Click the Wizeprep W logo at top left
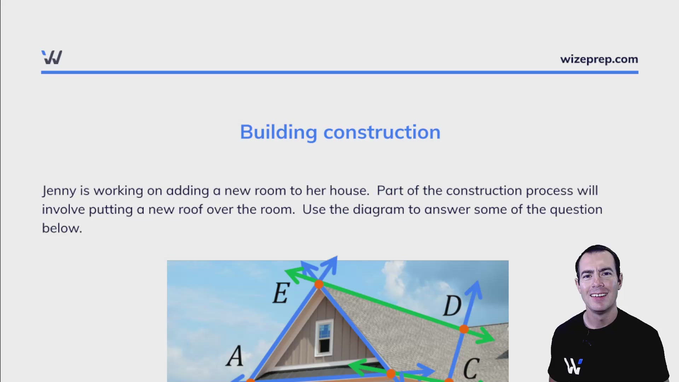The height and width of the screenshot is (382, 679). pyautogui.click(x=52, y=57)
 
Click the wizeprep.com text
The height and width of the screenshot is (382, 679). pyautogui.click(x=599, y=59)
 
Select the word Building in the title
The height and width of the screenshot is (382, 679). pyautogui.click(x=278, y=133)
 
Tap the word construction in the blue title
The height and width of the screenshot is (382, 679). pyautogui.click(x=382, y=133)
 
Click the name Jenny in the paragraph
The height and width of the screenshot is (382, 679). pyautogui.click(x=59, y=191)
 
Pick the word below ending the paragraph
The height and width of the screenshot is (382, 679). pyautogui.click(x=62, y=228)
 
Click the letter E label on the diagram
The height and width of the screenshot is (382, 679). pyautogui.click(x=281, y=293)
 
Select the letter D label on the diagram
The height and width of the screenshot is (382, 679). pyautogui.click(x=452, y=306)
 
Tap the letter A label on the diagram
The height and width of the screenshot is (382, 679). pyautogui.click(x=235, y=356)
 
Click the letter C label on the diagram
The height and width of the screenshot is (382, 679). pyautogui.click(x=471, y=369)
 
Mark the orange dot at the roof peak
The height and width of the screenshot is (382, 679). pyautogui.click(x=319, y=284)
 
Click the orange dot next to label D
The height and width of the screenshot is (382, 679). pyautogui.click(x=464, y=329)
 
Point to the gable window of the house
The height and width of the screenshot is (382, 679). pyautogui.click(x=324, y=336)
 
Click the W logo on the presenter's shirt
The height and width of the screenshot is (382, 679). pyautogui.click(x=573, y=366)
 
